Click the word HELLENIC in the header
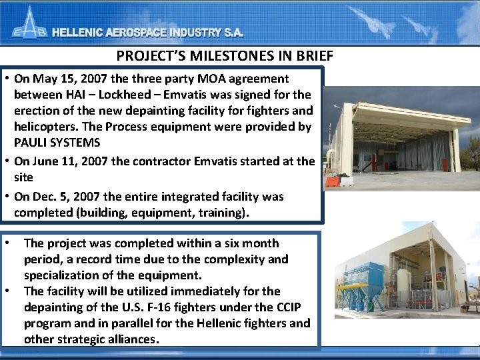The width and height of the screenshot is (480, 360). [81, 33]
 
